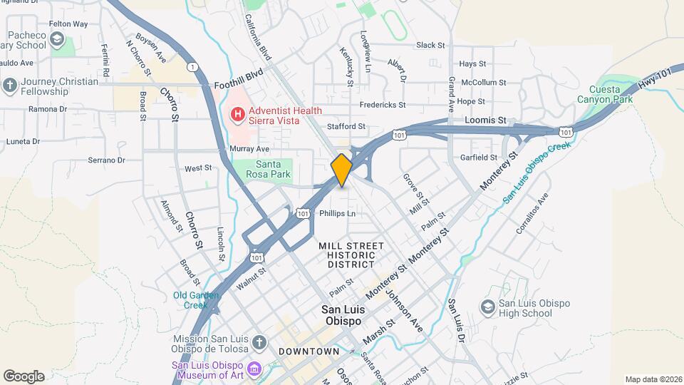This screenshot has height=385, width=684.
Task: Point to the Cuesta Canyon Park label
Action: pyautogui.click(x=611, y=94)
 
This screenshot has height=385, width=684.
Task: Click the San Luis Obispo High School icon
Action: pyautogui.click(x=488, y=307)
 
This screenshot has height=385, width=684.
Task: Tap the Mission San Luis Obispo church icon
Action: pyautogui.click(x=259, y=343)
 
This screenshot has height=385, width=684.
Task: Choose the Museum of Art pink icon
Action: pyautogui.click(x=254, y=368)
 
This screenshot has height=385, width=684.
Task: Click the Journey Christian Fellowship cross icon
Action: pyautogui.click(x=9, y=86)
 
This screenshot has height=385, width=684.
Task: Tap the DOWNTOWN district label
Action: pyautogui.click(x=309, y=351)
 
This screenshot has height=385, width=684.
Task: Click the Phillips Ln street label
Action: pyautogui.click(x=337, y=213)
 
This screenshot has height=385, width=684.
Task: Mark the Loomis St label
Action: pyautogui.click(x=485, y=121)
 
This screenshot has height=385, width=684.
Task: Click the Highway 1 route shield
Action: pyautogui.click(x=192, y=66)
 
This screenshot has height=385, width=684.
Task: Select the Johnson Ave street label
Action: pyautogui.click(x=405, y=309)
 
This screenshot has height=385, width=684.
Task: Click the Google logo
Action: pyautogui.click(x=24, y=376)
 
